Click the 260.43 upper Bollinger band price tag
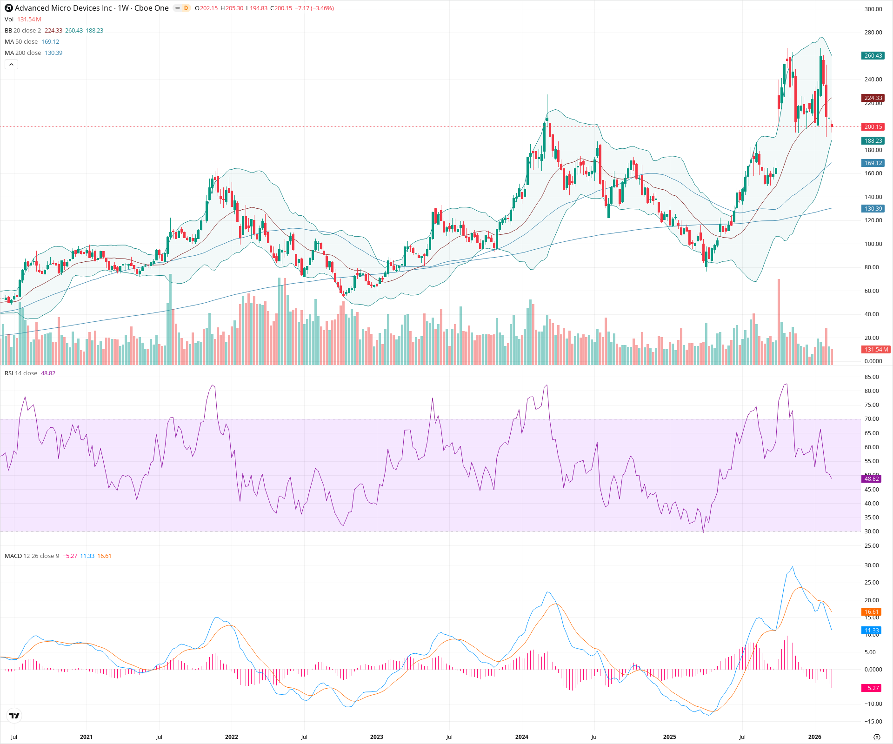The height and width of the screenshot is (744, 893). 873,56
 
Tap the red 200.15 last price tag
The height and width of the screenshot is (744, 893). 873,127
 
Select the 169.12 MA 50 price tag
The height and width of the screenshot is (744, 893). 873,163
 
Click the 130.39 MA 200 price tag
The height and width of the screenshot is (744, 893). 873,209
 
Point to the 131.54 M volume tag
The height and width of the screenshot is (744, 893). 876,350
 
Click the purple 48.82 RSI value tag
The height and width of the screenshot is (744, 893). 871,479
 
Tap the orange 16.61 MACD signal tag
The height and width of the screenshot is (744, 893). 872,612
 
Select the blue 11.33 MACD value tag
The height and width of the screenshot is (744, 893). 872,631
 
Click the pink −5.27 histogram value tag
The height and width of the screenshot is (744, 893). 872,688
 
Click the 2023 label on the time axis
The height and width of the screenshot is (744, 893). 376,737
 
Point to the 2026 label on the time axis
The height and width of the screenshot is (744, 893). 814,737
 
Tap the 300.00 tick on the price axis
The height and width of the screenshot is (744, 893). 873,9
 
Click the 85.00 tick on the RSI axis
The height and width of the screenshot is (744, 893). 872,377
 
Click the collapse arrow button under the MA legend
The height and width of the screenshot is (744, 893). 11,65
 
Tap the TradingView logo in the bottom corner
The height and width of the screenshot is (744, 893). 14,716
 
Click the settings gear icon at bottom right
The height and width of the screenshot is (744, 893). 877,737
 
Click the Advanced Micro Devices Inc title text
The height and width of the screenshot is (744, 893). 63,8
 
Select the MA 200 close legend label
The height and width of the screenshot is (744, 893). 23,53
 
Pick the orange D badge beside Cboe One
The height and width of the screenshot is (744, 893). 186,8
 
